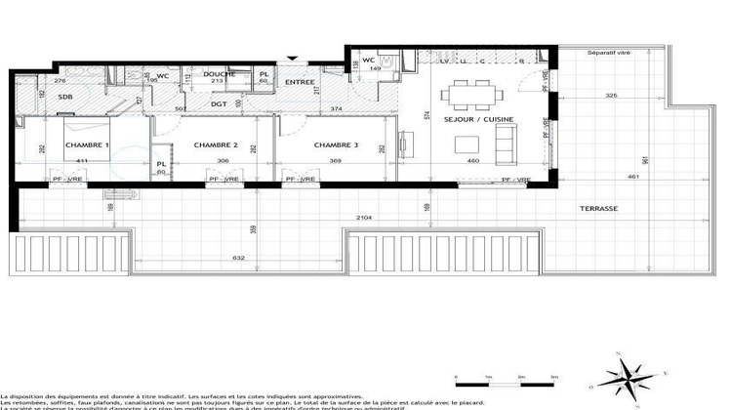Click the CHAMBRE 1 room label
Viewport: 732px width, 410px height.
point(87,144)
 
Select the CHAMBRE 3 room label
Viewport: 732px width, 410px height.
point(336,144)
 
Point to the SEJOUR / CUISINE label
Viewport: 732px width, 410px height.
point(478,120)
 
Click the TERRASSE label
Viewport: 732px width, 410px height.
point(596,209)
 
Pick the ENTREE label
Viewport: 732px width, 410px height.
point(300,82)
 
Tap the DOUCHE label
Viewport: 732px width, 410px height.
point(220,74)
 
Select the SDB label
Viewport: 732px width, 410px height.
point(65,97)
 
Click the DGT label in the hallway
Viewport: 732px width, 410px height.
point(220,103)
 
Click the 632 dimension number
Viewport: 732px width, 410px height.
point(238,258)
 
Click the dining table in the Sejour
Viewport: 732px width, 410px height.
point(469,97)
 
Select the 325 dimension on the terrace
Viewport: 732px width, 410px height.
point(611,95)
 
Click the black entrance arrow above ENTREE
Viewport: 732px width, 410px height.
point(289,61)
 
